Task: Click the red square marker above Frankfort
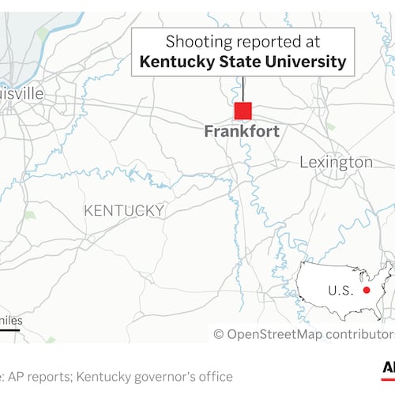coord(243,111)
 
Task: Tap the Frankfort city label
coord(242,132)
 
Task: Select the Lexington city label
coord(336,162)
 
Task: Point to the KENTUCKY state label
coord(124,210)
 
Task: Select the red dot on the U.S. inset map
coord(367,290)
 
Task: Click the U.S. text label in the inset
coord(340,291)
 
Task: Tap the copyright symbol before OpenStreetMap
coord(219,334)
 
